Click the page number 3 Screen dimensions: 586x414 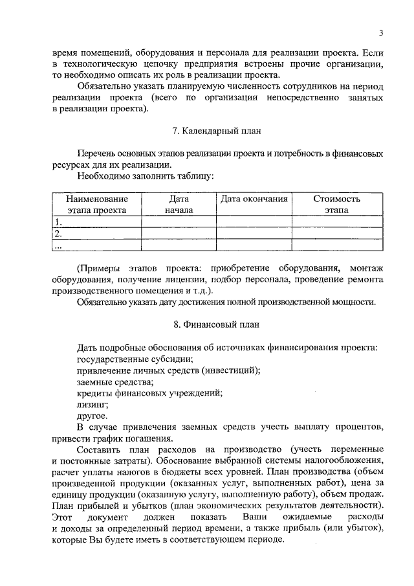point(381,34)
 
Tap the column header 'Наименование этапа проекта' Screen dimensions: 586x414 point(96,205)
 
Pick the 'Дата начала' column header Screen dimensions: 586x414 point(179,205)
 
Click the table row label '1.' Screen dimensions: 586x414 point(58,222)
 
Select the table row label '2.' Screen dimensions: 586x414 point(58,233)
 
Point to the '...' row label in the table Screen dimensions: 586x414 point(58,245)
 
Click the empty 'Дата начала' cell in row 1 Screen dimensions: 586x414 point(179,222)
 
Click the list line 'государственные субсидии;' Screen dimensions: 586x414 point(135,359)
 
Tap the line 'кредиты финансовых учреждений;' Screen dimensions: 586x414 point(149,393)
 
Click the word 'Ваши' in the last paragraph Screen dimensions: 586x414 point(254,517)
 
